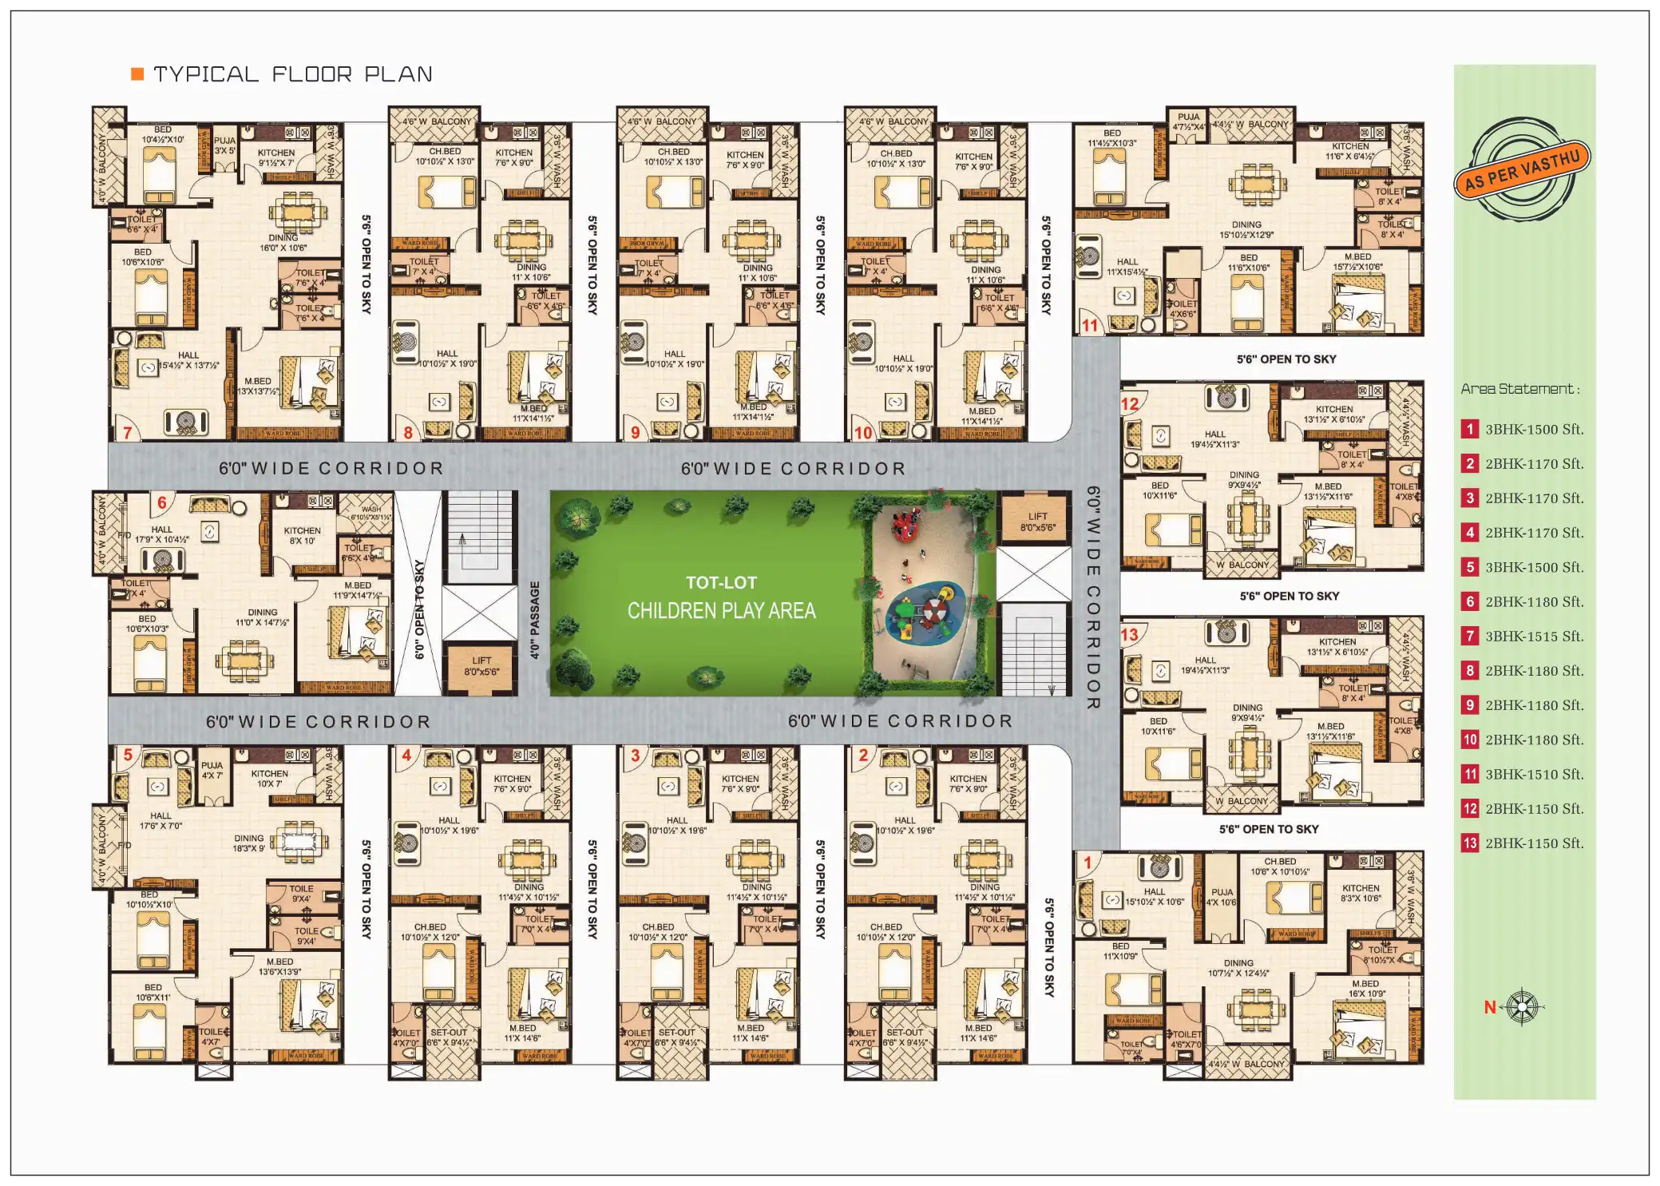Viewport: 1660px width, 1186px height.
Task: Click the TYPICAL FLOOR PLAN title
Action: pyautogui.click(x=292, y=74)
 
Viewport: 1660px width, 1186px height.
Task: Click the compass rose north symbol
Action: pyautogui.click(x=1522, y=1006)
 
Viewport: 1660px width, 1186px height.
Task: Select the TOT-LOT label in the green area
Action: pyautogui.click(x=721, y=582)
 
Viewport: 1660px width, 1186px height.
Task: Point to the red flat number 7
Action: pyautogui.click(x=128, y=432)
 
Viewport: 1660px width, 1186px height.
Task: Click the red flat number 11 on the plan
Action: pyautogui.click(x=1090, y=325)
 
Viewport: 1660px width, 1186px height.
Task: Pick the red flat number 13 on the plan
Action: pyautogui.click(x=1129, y=635)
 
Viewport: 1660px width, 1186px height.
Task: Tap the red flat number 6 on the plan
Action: pyautogui.click(x=162, y=502)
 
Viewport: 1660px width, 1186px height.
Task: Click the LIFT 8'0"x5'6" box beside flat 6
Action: pyautogui.click(x=481, y=666)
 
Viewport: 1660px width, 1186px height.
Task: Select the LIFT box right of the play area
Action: pyautogui.click(x=1037, y=522)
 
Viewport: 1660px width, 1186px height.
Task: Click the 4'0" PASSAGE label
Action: pyautogui.click(x=535, y=620)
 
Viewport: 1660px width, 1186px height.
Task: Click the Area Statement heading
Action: pyautogui.click(x=1519, y=389)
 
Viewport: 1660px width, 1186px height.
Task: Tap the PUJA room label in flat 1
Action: pyautogui.click(x=1222, y=897)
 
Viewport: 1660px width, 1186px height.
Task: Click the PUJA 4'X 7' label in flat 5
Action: pyautogui.click(x=212, y=770)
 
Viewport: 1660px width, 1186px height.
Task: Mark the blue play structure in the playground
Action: pyautogui.click(x=926, y=613)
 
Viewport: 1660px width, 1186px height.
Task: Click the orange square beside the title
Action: pyautogui.click(x=137, y=74)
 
